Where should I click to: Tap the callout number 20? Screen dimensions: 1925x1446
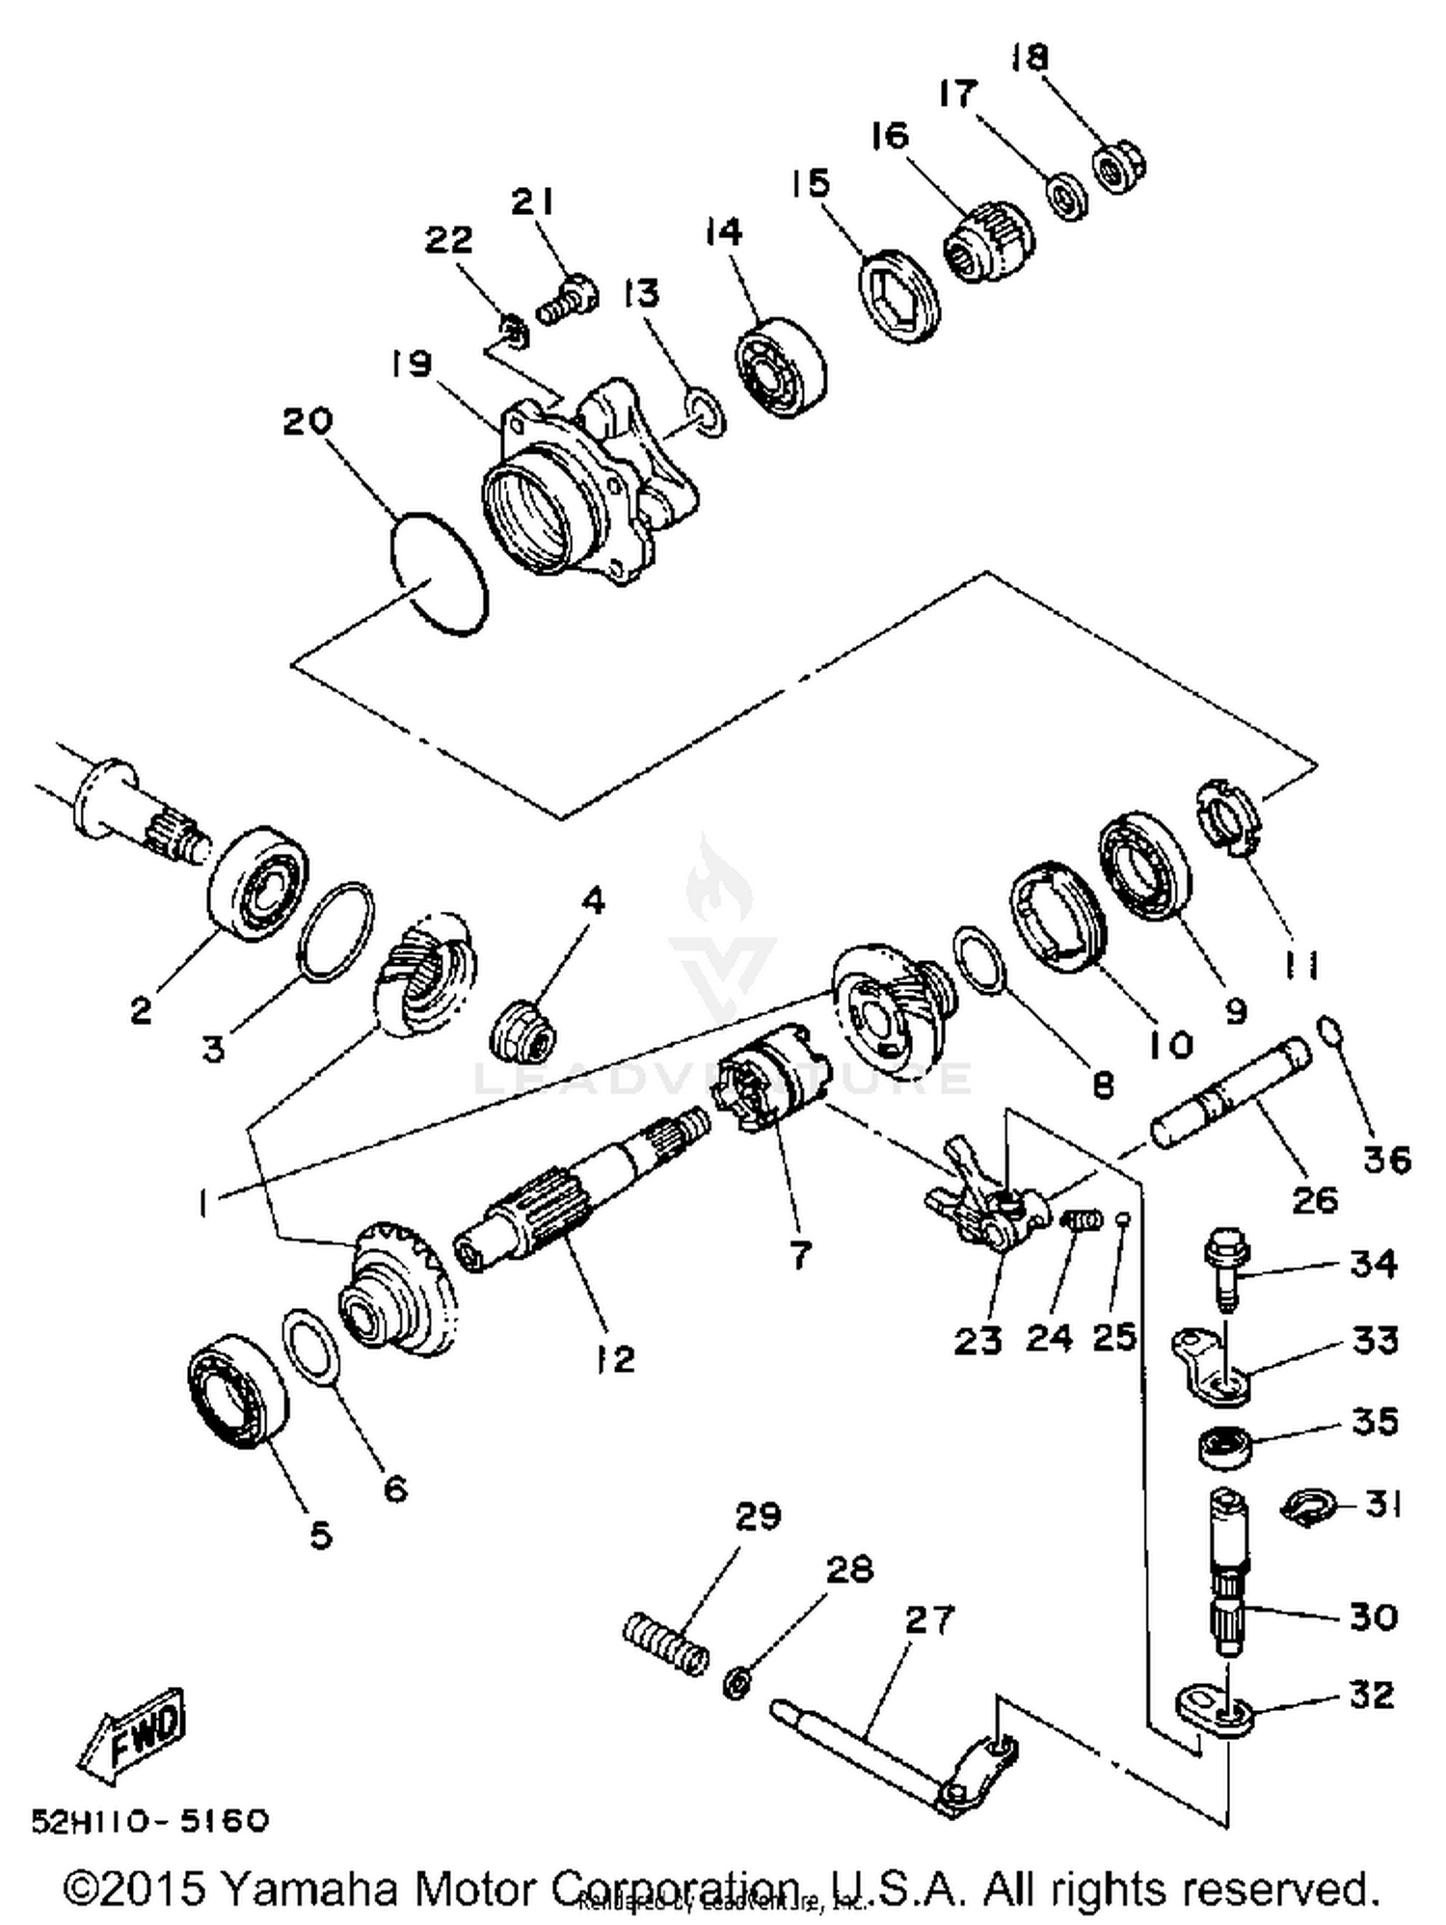click(x=308, y=421)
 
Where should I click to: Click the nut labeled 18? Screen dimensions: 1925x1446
click(x=1119, y=167)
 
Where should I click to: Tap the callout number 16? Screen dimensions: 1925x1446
click(x=889, y=136)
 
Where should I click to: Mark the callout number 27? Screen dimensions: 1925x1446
click(x=929, y=1619)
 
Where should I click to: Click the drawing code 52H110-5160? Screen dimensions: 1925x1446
click(x=149, y=1820)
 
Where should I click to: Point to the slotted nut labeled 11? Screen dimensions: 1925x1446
click(x=1227, y=817)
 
